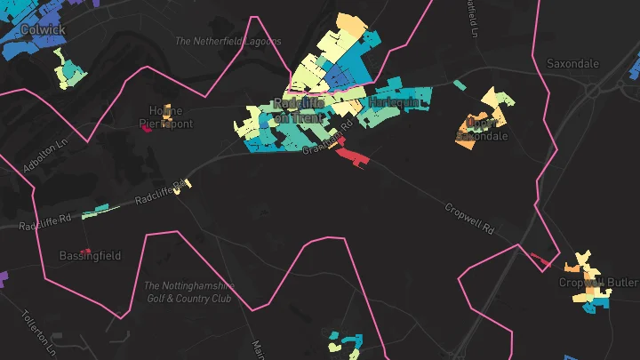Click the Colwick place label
coord(42,29)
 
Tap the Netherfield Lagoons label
coord(228,41)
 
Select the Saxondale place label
coord(573,64)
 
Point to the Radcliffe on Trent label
coord(300,111)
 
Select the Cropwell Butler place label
coord(598,283)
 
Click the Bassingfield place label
coord(90,256)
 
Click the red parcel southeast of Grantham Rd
coord(353,157)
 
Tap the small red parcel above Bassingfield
coord(86,249)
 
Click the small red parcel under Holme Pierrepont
coord(147,128)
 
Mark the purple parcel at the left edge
coord(3,279)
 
